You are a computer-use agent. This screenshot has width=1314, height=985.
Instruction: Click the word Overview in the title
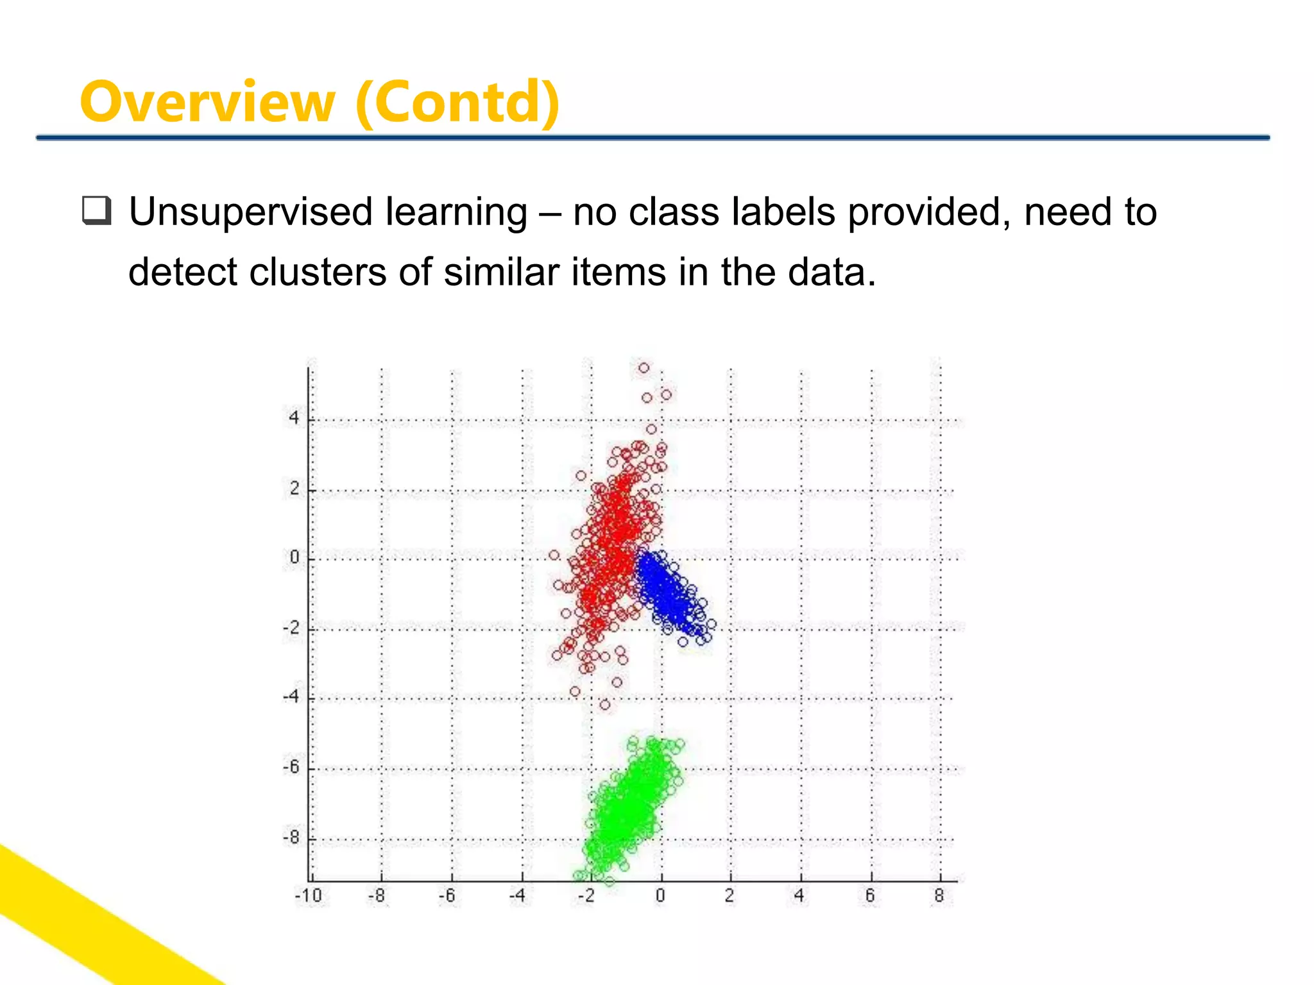point(207,103)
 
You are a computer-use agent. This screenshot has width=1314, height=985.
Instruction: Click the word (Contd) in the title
point(457,103)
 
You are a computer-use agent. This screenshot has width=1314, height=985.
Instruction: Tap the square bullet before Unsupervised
point(97,212)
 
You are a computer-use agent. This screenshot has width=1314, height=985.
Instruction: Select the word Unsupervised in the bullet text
point(250,213)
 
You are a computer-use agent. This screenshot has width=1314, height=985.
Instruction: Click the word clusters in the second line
point(318,272)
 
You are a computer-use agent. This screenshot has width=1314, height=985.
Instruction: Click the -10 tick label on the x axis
point(309,895)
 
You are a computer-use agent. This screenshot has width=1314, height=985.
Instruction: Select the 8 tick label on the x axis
point(939,895)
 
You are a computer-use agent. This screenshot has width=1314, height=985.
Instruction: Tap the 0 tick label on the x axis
point(660,895)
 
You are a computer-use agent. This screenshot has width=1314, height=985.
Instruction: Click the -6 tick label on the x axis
point(447,895)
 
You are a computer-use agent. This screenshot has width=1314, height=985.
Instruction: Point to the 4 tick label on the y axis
point(294,418)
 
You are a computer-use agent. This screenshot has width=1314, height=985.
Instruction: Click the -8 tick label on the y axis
point(291,838)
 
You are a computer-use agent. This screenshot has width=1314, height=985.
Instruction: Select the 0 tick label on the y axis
point(294,557)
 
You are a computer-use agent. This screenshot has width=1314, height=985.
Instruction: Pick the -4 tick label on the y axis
point(291,696)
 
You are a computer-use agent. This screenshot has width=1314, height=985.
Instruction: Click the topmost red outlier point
point(644,368)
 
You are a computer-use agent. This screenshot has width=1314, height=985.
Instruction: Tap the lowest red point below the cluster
point(605,705)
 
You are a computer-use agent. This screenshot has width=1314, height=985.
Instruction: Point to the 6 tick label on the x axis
point(870,895)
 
